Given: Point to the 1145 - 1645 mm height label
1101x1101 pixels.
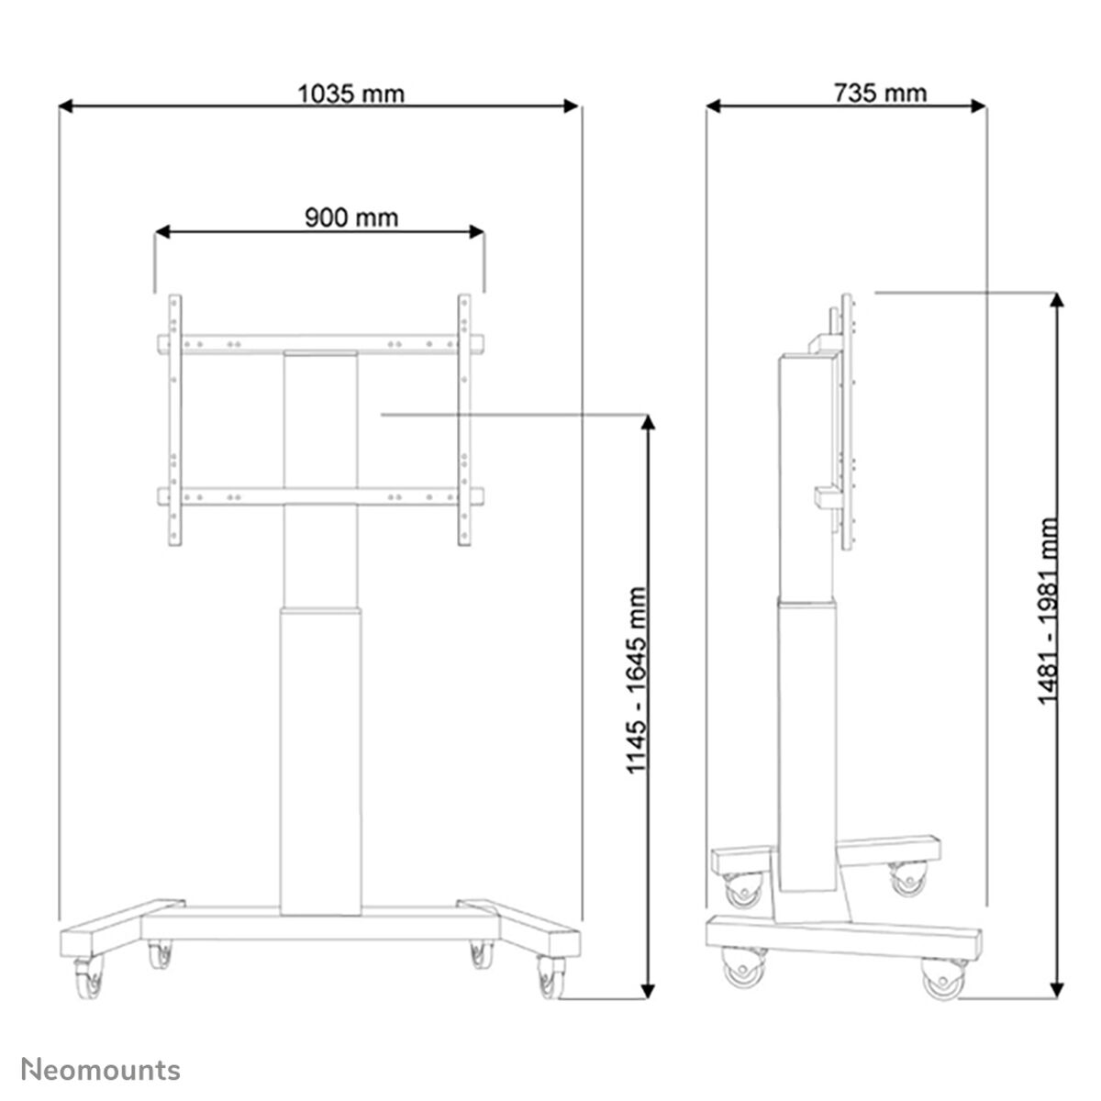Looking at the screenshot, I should point(639,680).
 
